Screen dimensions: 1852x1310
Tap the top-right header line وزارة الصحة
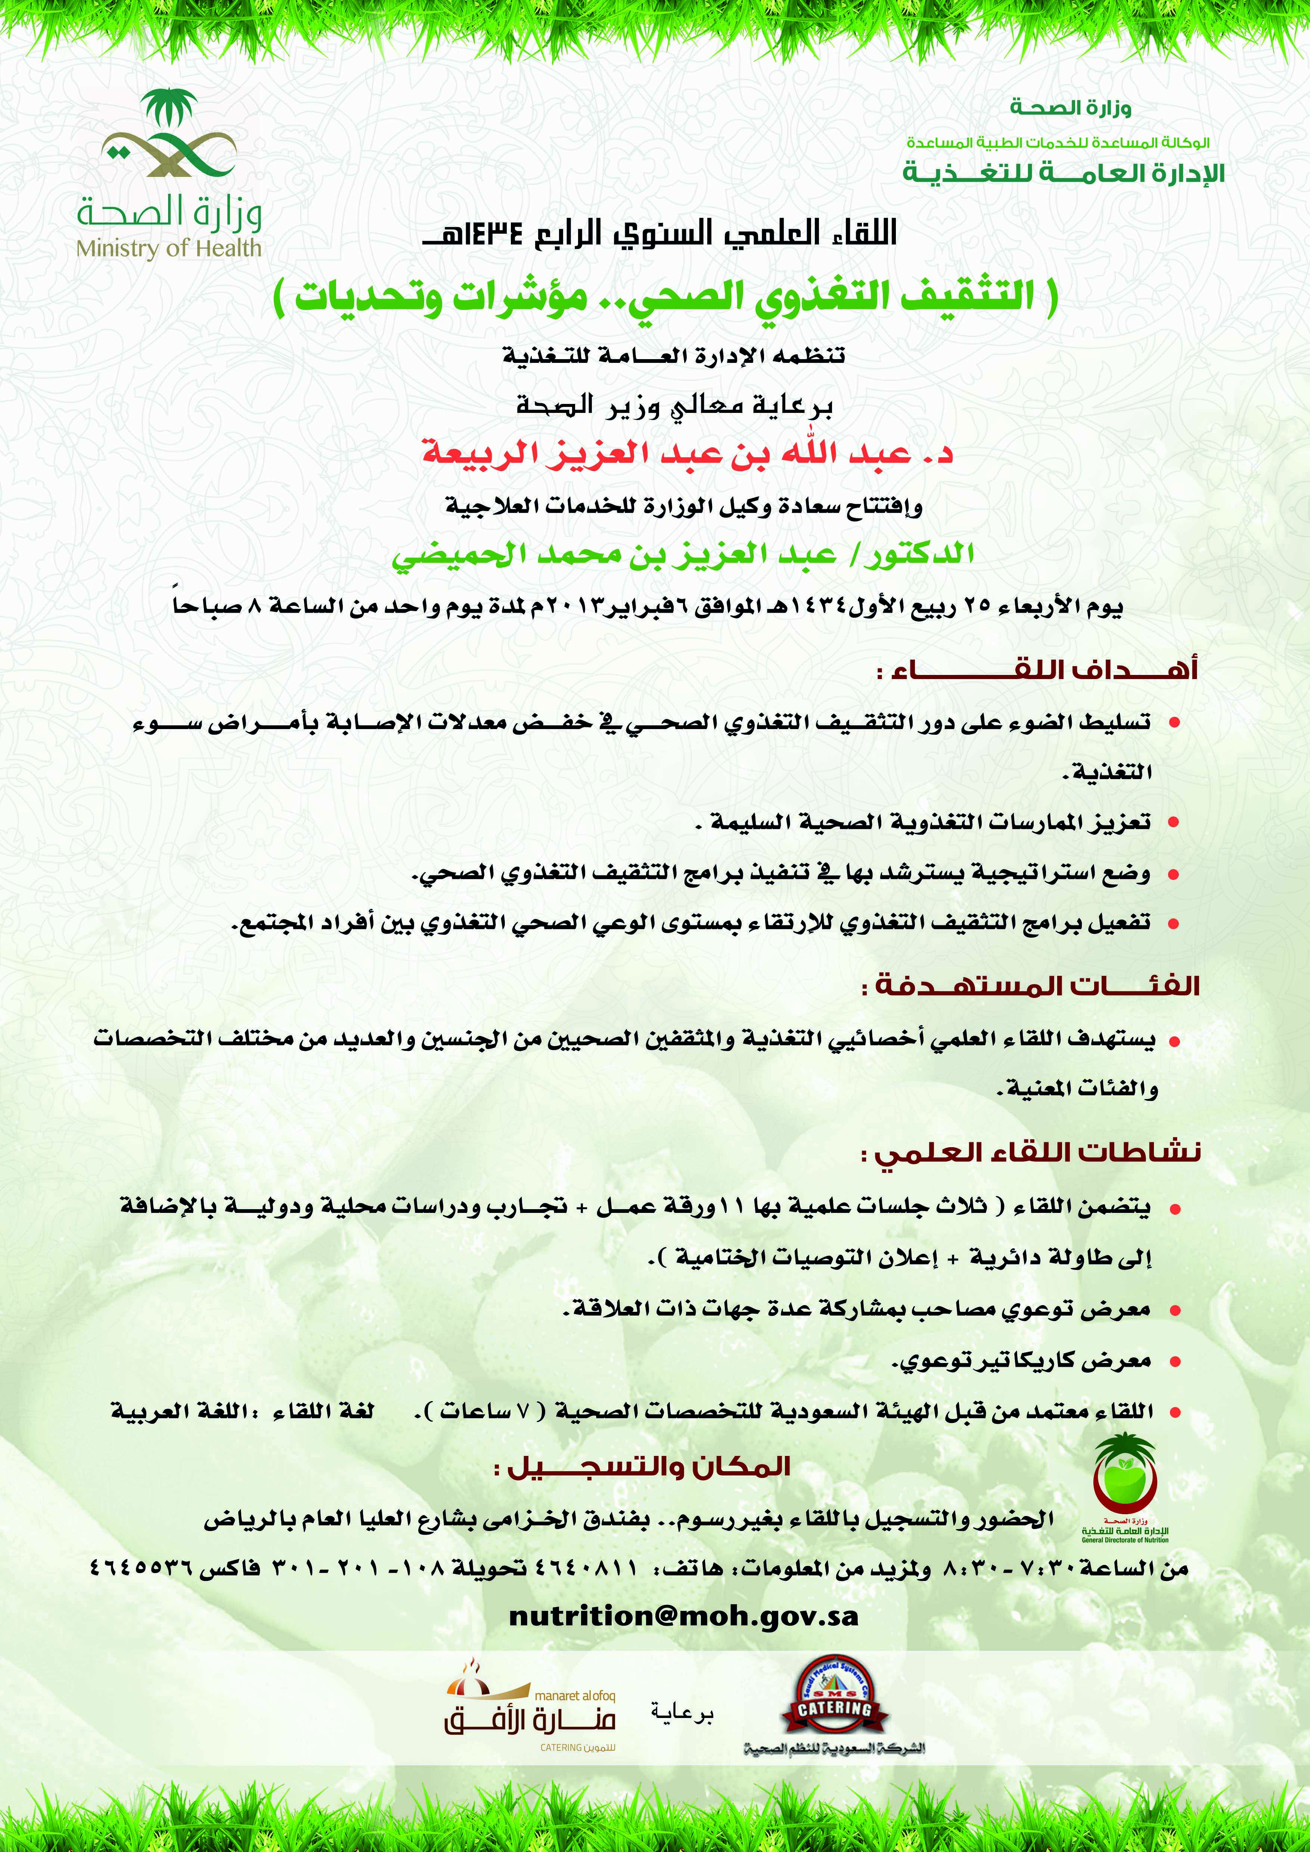[1070, 107]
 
